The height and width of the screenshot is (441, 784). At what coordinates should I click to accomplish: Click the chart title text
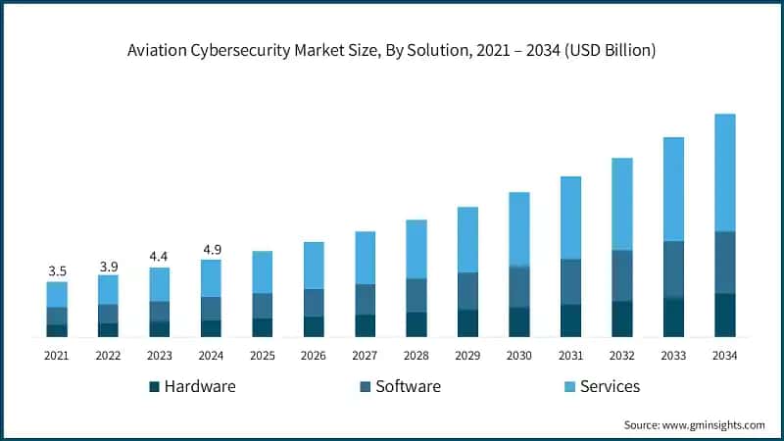pyautogui.click(x=391, y=50)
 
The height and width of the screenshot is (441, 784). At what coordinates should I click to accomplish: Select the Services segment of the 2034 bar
pyautogui.click(x=724, y=172)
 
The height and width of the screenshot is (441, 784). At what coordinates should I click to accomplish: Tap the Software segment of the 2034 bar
pyautogui.click(x=724, y=262)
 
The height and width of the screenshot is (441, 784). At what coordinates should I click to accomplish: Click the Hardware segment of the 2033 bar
pyautogui.click(x=673, y=318)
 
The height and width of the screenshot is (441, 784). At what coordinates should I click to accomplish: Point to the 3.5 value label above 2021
pyautogui.click(x=57, y=270)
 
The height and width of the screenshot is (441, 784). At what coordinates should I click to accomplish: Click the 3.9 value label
pyautogui.click(x=108, y=266)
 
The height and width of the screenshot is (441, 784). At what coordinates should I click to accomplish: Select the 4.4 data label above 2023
pyautogui.click(x=160, y=257)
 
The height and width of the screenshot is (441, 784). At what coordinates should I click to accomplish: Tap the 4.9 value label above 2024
pyautogui.click(x=211, y=249)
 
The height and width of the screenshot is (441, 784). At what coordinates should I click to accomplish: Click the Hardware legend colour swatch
pyautogui.click(x=154, y=387)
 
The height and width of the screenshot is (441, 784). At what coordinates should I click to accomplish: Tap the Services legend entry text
pyautogui.click(x=610, y=386)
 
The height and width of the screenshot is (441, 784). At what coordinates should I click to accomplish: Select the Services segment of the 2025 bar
pyautogui.click(x=262, y=272)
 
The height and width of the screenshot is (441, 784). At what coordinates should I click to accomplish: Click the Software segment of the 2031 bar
pyautogui.click(x=570, y=281)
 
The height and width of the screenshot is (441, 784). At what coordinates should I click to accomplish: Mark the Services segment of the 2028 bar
pyautogui.click(x=416, y=249)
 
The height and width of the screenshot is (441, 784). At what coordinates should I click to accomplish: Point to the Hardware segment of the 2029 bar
pyautogui.click(x=467, y=323)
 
